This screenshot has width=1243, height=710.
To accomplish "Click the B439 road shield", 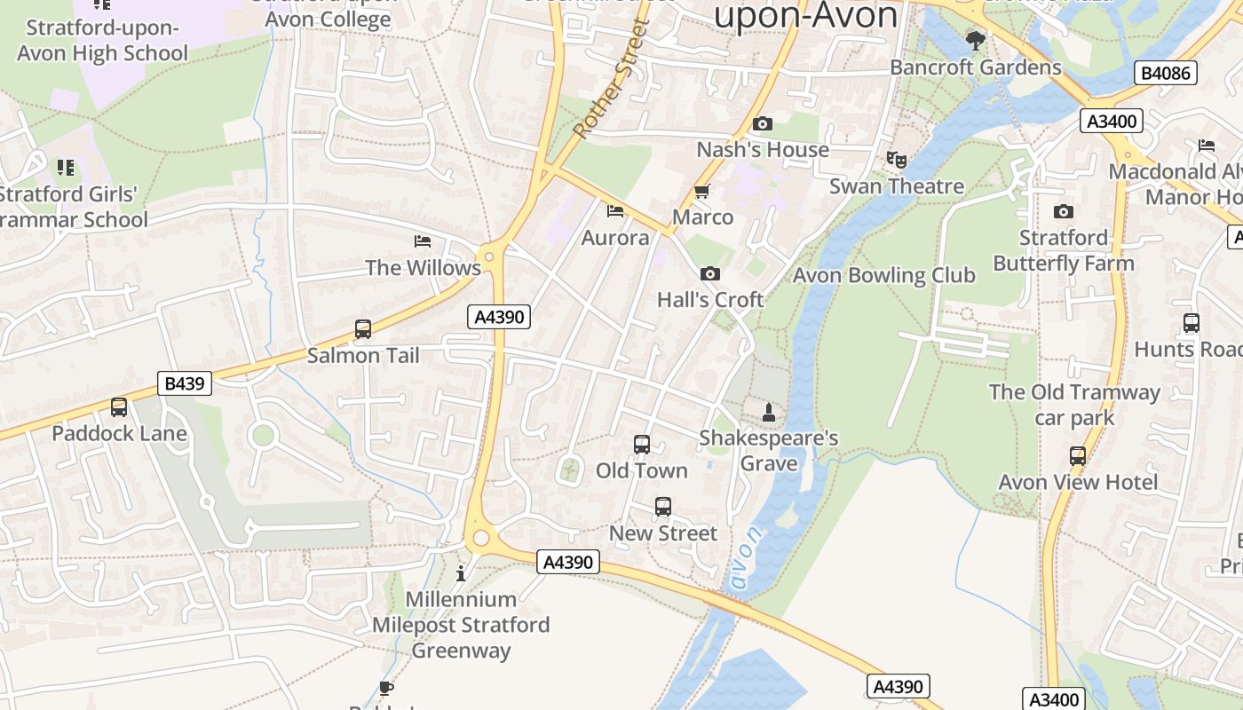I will (x=186, y=383).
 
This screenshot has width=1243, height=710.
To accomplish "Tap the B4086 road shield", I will (x=1165, y=73).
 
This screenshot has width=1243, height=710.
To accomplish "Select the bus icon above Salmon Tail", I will (x=362, y=329).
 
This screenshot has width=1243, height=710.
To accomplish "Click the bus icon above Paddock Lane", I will (x=119, y=407).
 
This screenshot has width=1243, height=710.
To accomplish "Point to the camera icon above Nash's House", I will (x=762, y=124).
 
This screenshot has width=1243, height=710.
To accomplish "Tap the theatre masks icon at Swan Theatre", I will (x=897, y=160).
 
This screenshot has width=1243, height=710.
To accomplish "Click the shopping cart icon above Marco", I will (x=701, y=191).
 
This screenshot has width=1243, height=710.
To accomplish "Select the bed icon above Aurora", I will (x=614, y=211).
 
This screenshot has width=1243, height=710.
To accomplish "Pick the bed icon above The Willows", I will (x=423, y=241).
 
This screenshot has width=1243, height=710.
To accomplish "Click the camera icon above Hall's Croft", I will (x=709, y=274).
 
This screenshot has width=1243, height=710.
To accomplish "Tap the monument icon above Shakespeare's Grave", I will (x=769, y=413).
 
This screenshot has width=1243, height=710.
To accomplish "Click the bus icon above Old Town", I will (x=642, y=445).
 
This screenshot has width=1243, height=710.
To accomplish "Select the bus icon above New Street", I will (x=663, y=507).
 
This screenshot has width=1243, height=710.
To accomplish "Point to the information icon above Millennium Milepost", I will (x=460, y=573).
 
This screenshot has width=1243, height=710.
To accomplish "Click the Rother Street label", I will (x=612, y=80).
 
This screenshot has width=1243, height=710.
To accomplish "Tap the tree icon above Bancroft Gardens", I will (x=975, y=41).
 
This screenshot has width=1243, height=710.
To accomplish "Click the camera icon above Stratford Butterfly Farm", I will (x=1063, y=211).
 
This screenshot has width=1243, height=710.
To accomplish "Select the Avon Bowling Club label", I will (x=883, y=275).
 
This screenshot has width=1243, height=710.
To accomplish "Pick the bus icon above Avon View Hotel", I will (x=1077, y=456).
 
